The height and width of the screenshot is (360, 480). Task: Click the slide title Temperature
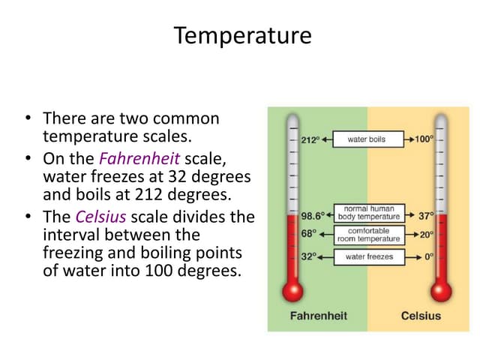[x=242, y=35]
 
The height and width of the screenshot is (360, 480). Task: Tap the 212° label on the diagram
[x=309, y=139]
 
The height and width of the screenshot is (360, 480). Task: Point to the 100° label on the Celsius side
[x=424, y=139]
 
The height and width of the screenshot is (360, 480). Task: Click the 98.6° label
[x=312, y=215]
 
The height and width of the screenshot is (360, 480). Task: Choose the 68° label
[x=308, y=233]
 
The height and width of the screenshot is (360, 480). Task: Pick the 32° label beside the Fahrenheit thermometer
[x=308, y=256]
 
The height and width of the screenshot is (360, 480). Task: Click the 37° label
[x=426, y=215]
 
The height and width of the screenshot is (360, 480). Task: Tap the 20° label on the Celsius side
[x=426, y=233]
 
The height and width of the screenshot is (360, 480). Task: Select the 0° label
[x=429, y=256]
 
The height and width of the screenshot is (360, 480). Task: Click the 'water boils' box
[x=367, y=139]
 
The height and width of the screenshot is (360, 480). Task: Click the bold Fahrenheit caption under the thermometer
[x=318, y=316]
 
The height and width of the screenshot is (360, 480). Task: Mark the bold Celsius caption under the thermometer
[x=421, y=316]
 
